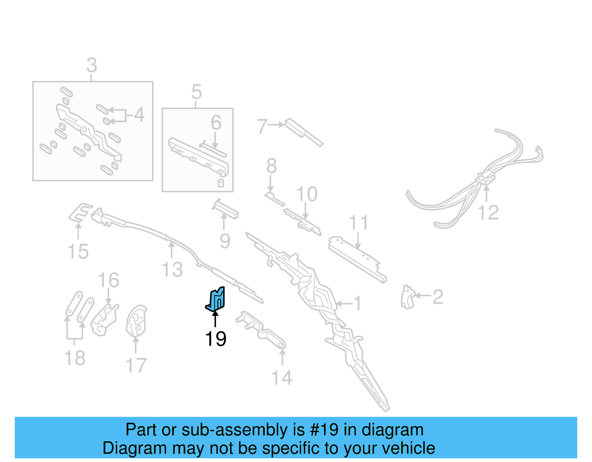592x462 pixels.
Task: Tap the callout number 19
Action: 215,339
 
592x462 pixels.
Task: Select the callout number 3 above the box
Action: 91,65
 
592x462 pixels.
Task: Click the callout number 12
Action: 488,213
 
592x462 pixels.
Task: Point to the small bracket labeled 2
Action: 407,297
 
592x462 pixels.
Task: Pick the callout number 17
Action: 136,365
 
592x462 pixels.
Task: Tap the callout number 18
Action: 75,358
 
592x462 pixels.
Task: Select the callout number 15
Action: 78,252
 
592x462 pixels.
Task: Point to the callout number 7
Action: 262,126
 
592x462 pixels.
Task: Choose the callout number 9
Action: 225,241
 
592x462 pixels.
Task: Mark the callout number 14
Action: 282,378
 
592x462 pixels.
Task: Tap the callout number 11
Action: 358,223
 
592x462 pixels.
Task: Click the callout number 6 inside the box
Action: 216,123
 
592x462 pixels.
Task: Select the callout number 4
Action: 139,115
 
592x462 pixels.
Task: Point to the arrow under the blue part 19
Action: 215,319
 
